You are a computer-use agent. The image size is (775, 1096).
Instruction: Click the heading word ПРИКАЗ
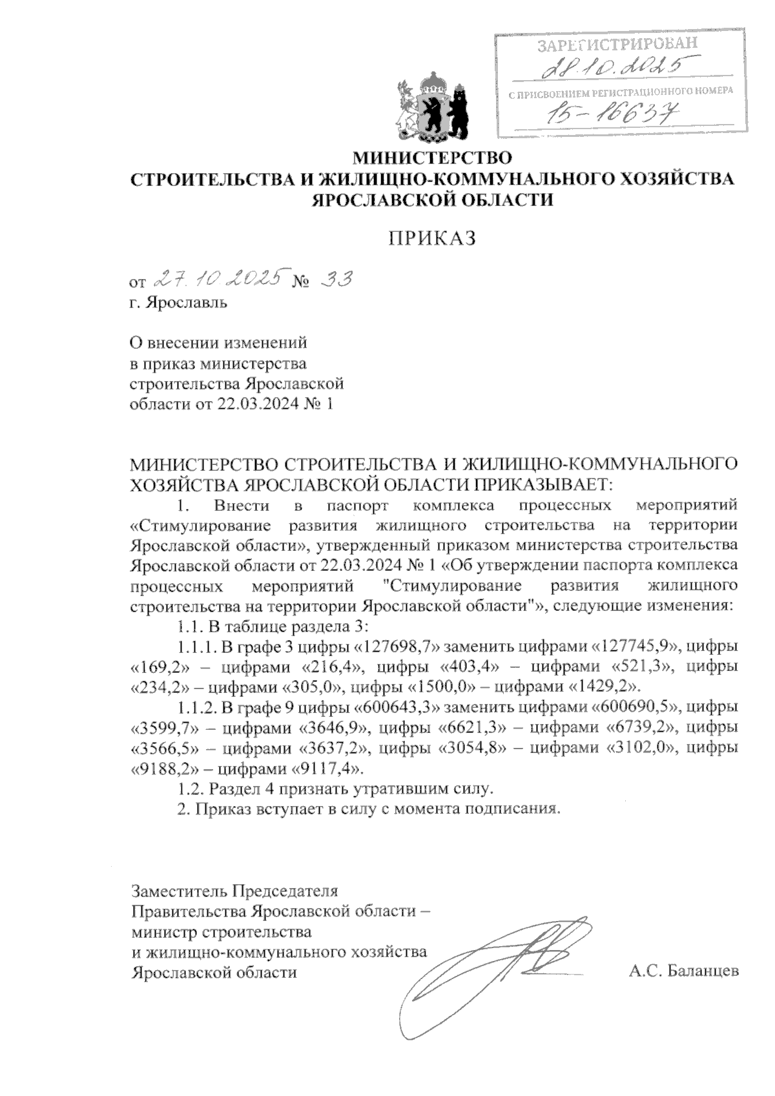tap(432, 239)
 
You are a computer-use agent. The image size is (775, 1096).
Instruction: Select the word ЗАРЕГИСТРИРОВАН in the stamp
tap(618, 45)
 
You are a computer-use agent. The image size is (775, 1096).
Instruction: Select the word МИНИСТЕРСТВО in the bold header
tap(432, 157)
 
